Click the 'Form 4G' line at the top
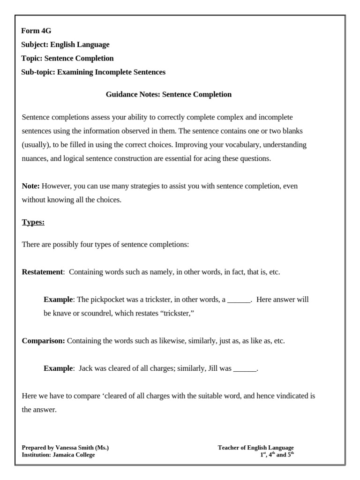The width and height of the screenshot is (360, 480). click(36, 31)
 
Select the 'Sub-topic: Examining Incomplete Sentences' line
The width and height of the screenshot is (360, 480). click(93, 72)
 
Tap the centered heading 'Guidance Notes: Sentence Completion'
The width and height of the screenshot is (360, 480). click(169, 94)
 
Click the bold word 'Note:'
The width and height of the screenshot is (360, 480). click(31, 186)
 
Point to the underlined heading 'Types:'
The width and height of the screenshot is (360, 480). click(33, 222)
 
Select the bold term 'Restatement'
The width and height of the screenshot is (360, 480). click(42, 272)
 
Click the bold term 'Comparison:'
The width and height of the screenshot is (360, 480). click(44, 341)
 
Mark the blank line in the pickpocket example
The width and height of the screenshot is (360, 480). click(239, 300)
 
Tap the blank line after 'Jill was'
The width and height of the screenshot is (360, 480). click(245, 368)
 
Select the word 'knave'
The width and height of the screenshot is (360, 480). click(62, 313)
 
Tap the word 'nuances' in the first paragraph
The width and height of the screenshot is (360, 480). click(34, 158)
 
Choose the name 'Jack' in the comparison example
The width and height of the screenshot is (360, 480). click(86, 368)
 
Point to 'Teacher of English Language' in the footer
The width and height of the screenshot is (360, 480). click(255, 448)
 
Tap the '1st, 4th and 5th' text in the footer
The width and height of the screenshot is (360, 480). click(277, 455)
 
